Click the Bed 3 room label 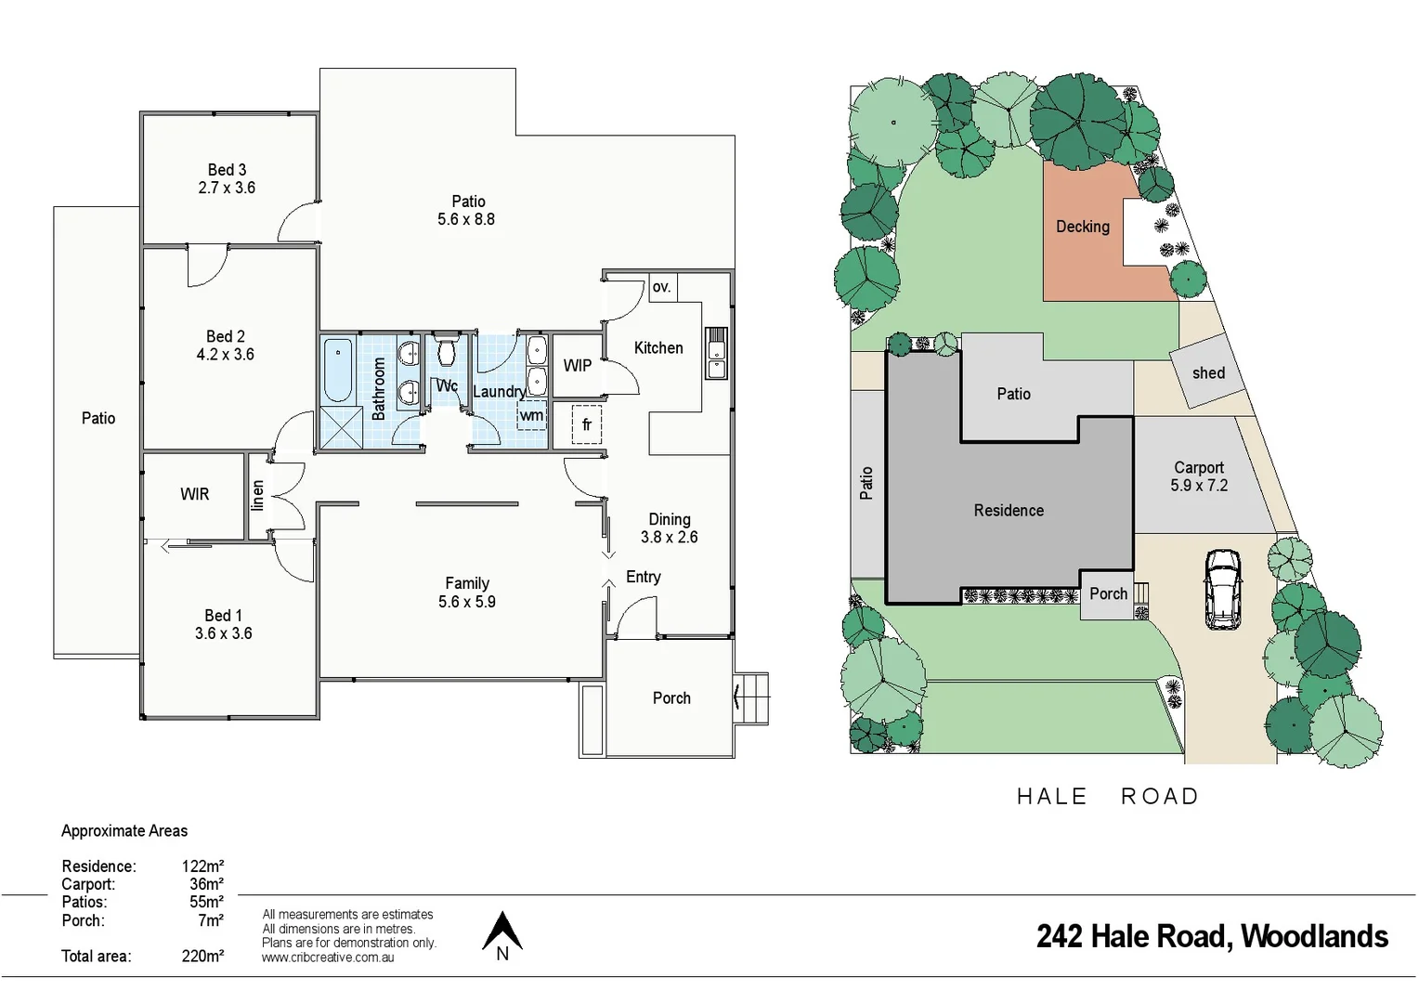coord(227,170)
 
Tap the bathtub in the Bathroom coord(338,370)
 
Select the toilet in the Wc coord(447,352)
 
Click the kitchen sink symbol coord(716,353)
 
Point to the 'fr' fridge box coord(586,424)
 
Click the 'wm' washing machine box coord(531,415)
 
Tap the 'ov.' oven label coord(661,287)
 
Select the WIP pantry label coord(577,366)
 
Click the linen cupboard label coord(258,495)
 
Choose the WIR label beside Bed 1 coord(195,494)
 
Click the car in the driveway coord(1222,589)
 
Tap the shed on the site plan coord(1207,372)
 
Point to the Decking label coord(1082,227)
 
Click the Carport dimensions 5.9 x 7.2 coord(1199,486)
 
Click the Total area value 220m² coord(202,956)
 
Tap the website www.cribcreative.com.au coord(328,957)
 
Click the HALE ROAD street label coord(1108,796)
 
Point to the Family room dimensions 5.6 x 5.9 coord(467,602)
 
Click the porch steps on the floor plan coord(753,697)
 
